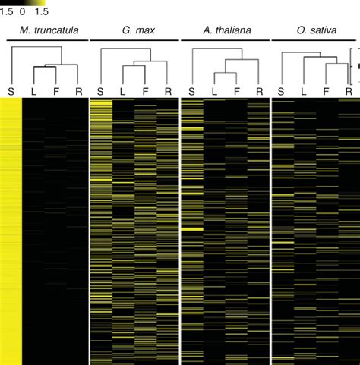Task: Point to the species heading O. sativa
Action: pyautogui.click(x=314, y=32)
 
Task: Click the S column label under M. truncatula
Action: pyautogui.click(x=11, y=91)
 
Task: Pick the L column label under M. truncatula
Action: pyautogui.click(x=34, y=91)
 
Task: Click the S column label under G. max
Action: pyautogui.click(x=101, y=91)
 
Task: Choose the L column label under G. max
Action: pyautogui.click(x=123, y=91)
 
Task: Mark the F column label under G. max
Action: pyautogui.click(x=145, y=91)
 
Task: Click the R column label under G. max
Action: pyautogui.click(x=168, y=91)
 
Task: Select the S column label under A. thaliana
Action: pyautogui.click(x=191, y=91)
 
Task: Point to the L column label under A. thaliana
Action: pyautogui.click(x=213, y=91)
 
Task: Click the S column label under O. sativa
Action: pyautogui.click(x=281, y=91)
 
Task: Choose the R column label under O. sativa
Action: pyautogui.click(x=348, y=91)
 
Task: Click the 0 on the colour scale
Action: pyautogui.click(x=22, y=12)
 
